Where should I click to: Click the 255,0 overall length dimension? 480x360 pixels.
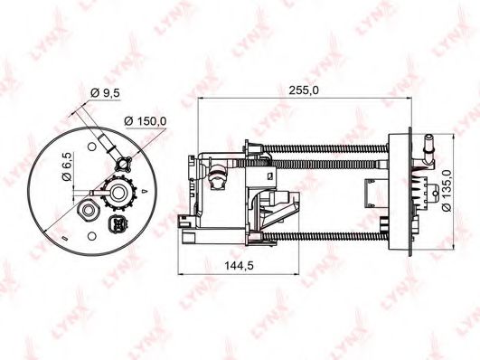click(x=304, y=90)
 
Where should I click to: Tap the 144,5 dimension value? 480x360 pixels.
click(x=239, y=265)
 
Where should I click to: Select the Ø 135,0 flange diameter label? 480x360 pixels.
click(x=447, y=191)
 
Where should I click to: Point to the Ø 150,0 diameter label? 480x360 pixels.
click(x=146, y=121)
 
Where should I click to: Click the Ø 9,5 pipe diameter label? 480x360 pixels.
click(x=105, y=92)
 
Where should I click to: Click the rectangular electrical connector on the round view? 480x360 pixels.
click(x=117, y=224)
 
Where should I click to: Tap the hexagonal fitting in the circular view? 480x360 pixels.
click(x=89, y=210)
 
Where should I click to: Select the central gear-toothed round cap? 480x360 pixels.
click(x=118, y=193)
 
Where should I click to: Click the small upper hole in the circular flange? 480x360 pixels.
click(x=92, y=147)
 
